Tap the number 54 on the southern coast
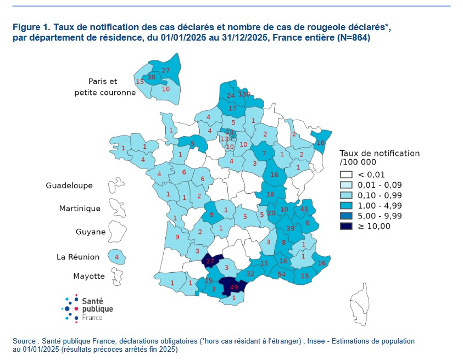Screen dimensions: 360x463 coord(282,274)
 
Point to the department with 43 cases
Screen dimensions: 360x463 coord(305,209)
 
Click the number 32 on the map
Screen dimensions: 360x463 coord(250,273)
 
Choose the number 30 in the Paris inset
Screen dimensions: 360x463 coord(152,77)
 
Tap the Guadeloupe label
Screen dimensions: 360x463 coord(69,186)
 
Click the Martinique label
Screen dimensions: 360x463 coord(80,209)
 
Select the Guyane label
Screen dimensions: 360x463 coord(91,232)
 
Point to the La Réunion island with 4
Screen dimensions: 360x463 coord(116,256)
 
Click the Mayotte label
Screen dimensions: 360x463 coord(89,275)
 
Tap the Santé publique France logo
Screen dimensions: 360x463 coord(88,308)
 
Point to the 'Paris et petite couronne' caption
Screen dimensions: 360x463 coord(104,87)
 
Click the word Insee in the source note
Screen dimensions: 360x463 coord(319,341)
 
